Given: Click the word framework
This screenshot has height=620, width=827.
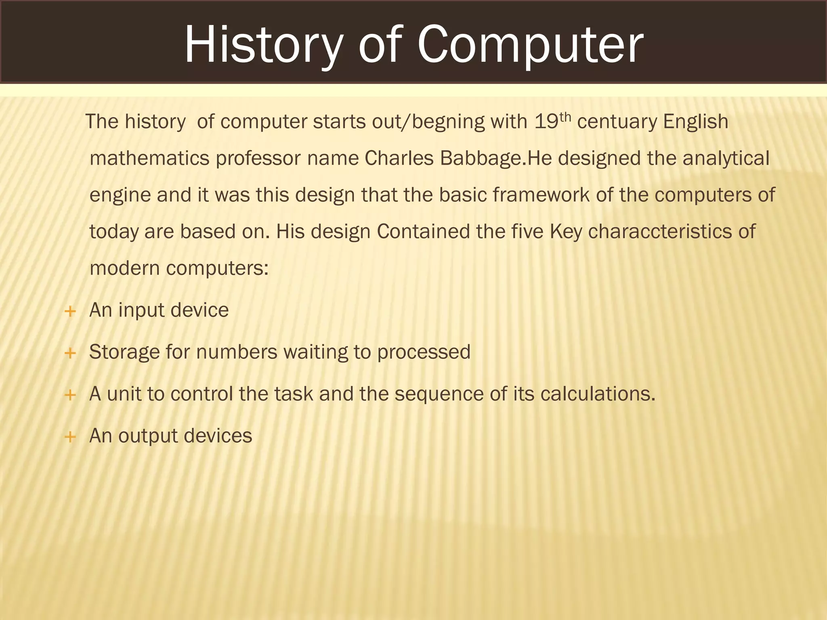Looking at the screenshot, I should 541,195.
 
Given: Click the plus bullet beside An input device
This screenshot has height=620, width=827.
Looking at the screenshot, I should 70,311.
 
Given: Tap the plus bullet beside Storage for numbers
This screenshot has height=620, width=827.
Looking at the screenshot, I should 70,353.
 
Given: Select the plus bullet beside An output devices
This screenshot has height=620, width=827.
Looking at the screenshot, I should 70,437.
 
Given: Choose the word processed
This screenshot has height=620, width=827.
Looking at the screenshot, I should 424,352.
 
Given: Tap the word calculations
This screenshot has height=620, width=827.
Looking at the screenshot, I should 597,394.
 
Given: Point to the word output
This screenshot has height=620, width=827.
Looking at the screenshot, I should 148,436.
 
